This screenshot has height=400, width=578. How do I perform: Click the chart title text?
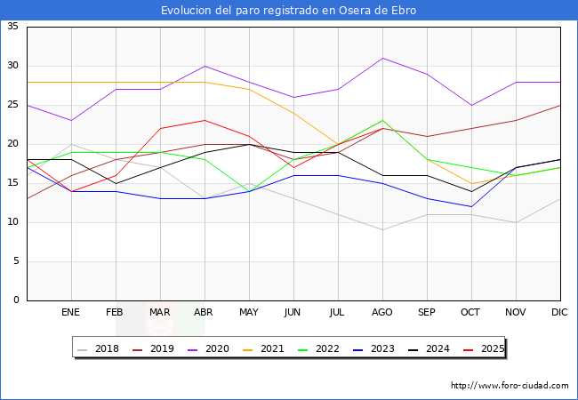click(288, 11)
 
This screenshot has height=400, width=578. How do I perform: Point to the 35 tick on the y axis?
click(13, 27)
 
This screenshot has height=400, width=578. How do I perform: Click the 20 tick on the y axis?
click(13, 144)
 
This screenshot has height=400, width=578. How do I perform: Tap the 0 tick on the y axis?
click(17, 300)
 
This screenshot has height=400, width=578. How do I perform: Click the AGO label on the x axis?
click(382, 313)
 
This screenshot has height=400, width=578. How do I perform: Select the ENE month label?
click(71, 313)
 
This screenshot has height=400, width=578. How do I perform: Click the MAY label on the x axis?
click(249, 313)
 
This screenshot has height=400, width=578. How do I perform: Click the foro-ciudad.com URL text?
click(510, 386)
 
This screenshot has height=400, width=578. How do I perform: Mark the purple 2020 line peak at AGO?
click(382, 58)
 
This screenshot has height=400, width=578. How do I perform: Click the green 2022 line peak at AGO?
click(382, 121)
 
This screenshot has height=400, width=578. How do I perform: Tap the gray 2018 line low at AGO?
click(382, 230)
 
